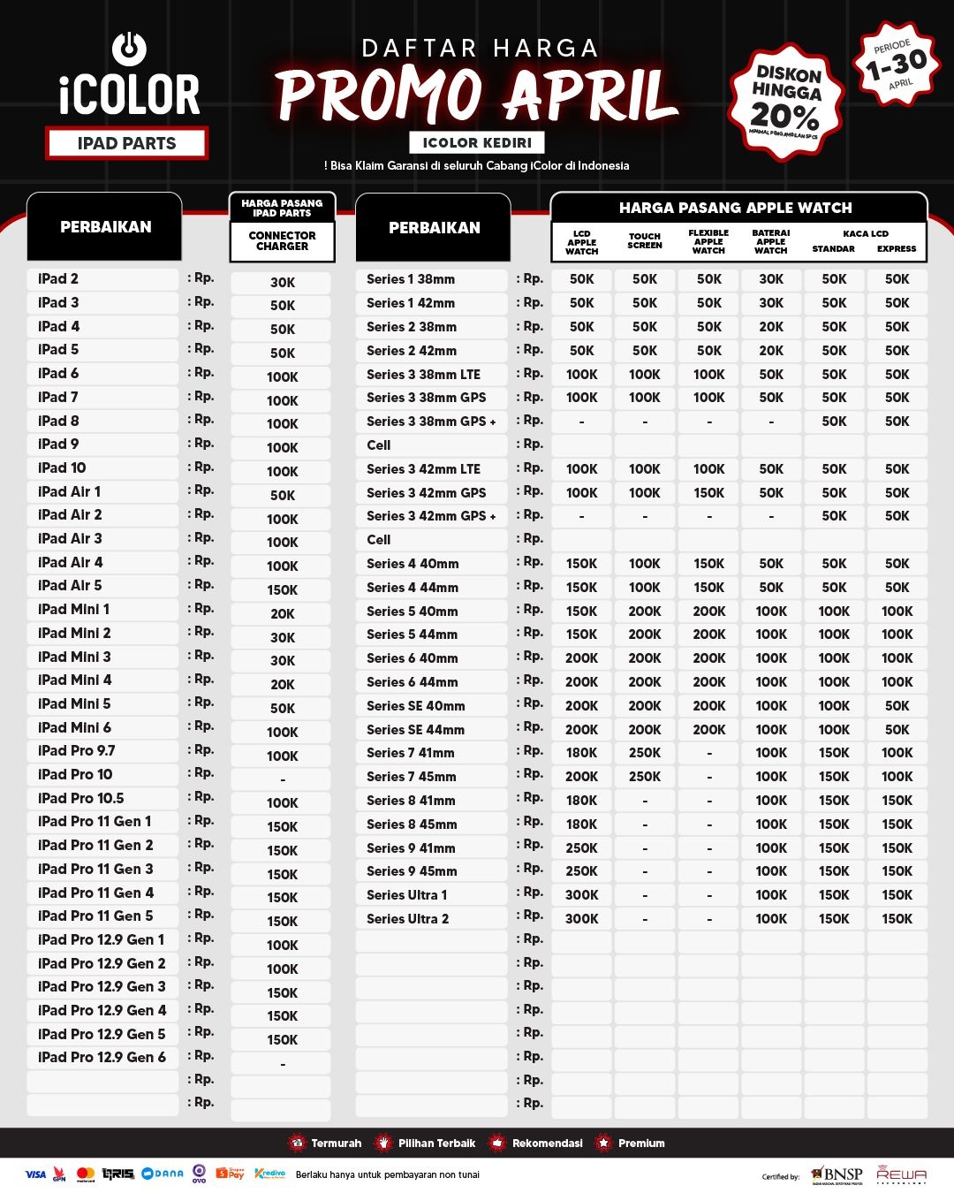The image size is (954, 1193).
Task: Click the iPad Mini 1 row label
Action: (x=74, y=610)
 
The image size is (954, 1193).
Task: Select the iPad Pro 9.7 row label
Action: (x=77, y=751)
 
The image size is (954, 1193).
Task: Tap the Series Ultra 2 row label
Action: (x=408, y=919)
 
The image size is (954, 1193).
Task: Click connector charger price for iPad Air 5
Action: (x=283, y=589)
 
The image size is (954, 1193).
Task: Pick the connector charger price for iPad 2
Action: (x=283, y=283)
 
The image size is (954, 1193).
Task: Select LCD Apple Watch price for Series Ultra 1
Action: (x=582, y=895)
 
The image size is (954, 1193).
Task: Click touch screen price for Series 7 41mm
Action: (x=645, y=753)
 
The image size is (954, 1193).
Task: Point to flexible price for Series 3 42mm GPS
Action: (x=708, y=493)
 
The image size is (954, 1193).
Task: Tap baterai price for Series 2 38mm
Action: (x=771, y=327)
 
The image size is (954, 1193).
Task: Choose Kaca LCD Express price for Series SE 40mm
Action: (x=897, y=706)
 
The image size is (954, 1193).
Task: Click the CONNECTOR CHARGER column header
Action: (x=283, y=241)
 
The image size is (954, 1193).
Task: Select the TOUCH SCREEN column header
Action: (x=645, y=241)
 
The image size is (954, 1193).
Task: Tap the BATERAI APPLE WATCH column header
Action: (x=771, y=241)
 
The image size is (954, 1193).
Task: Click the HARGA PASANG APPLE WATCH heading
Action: (x=736, y=209)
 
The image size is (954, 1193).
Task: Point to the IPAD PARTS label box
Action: (x=127, y=143)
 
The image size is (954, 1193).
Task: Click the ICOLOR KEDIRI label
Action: (x=477, y=142)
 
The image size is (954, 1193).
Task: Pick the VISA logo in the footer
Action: (x=35, y=1174)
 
